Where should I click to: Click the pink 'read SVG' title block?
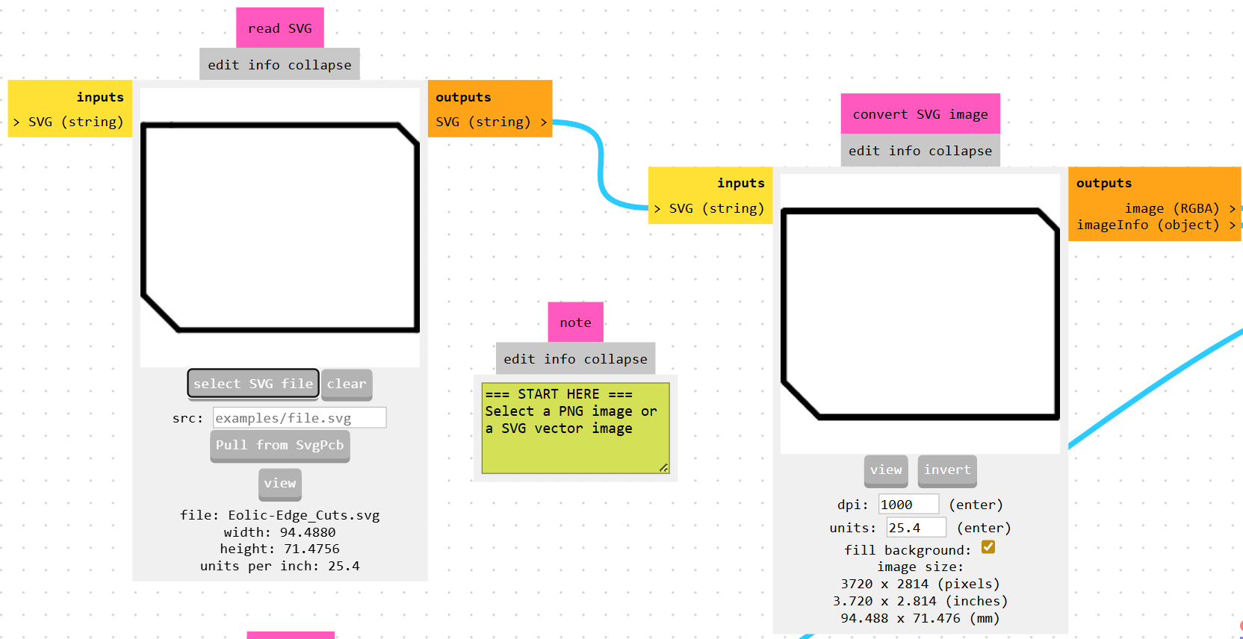pos(280,28)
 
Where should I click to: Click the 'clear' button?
pos(347,384)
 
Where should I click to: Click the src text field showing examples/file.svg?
pos(300,418)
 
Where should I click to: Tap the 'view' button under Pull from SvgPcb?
pos(280,484)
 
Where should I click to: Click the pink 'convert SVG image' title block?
pos(920,114)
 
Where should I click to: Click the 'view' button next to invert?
pos(886,470)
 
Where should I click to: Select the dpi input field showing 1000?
pos(908,505)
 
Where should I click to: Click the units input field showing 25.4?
pos(916,528)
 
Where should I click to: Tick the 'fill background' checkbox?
pos(988,547)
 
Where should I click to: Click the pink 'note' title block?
pos(575,322)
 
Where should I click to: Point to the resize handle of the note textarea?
pos(663,468)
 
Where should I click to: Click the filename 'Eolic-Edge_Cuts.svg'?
pos(304,515)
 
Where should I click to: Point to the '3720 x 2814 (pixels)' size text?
pos(920,584)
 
